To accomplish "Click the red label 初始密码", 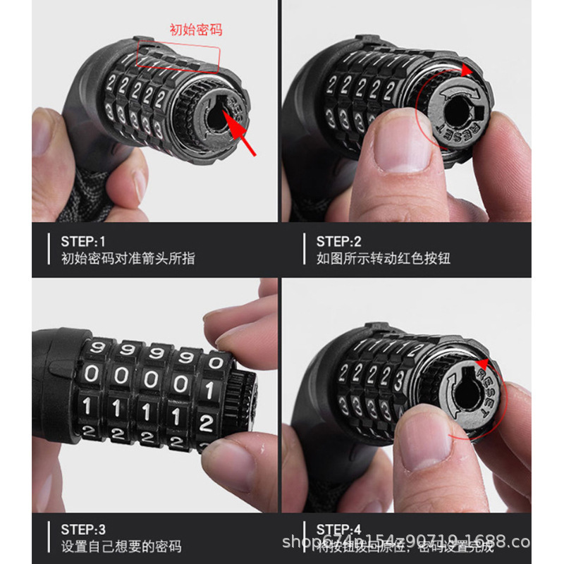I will coord(196,30).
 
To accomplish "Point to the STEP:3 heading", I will coord(83,529).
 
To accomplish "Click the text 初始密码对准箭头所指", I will coord(128,259).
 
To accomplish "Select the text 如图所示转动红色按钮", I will coord(383,259).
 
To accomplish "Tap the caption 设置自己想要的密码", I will coord(121,546).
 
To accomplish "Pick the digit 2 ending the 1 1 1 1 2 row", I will coord(206,423).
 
